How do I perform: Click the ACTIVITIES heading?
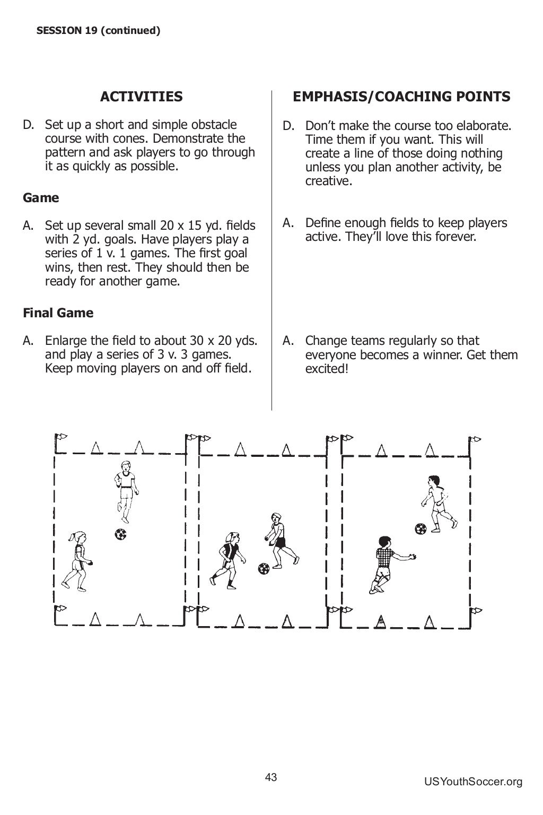pyautogui.click(x=141, y=97)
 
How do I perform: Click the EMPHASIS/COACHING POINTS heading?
pyautogui.click(x=401, y=97)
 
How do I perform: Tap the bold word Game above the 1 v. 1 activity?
pyautogui.click(x=41, y=198)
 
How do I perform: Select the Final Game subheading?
pyautogui.click(x=58, y=313)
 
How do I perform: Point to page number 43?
pyautogui.click(x=271, y=778)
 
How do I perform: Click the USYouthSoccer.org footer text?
pyautogui.click(x=473, y=782)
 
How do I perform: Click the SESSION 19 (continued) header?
pyautogui.click(x=98, y=31)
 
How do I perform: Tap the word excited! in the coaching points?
pyautogui.click(x=327, y=369)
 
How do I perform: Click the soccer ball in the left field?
pyautogui.click(x=120, y=534)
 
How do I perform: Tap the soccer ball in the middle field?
pyautogui.click(x=264, y=569)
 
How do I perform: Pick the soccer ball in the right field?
pyautogui.click(x=421, y=528)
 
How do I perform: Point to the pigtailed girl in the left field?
pyautogui.click(x=77, y=560)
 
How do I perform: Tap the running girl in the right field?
pyautogui.click(x=439, y=503)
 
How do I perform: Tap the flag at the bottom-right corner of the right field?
pyautogui.click(x=475, y=611)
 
